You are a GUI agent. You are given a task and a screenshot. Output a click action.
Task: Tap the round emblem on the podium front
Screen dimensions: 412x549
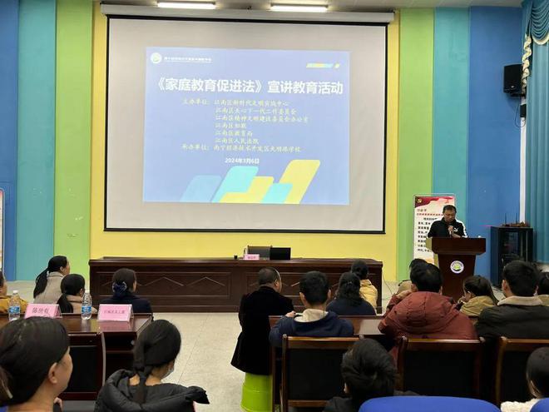457,266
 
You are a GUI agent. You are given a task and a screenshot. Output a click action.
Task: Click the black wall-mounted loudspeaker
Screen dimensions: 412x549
513,79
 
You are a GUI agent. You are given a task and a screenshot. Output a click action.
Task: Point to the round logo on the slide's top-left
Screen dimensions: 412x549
156,58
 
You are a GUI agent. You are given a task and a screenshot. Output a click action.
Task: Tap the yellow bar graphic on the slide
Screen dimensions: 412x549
299,179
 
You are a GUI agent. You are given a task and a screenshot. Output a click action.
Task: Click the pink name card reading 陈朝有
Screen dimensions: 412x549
42,310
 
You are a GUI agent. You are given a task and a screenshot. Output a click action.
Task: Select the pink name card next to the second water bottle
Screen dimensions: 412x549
115,312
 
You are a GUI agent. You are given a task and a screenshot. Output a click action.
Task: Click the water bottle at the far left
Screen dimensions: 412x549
14,305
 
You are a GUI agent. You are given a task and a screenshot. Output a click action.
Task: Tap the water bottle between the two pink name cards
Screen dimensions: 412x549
87,305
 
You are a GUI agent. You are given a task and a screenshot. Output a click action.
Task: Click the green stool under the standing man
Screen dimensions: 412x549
256,393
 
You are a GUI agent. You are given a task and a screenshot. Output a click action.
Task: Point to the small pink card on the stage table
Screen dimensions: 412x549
251,257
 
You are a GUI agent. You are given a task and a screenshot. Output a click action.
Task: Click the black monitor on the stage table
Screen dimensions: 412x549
279,253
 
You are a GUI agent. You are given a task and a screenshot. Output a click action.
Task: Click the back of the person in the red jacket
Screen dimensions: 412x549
427,317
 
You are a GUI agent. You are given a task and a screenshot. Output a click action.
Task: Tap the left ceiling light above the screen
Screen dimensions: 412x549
185,5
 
